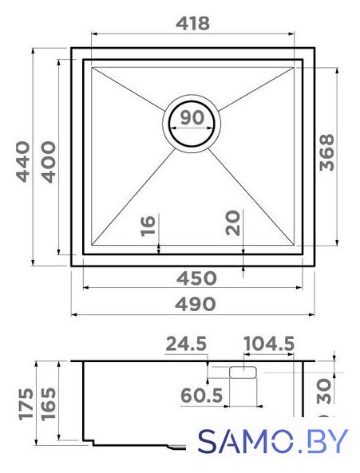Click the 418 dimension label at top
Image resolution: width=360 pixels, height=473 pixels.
point(192,23)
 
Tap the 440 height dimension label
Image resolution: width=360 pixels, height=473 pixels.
point(23,162)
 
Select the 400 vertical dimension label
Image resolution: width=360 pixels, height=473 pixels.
point(49,162)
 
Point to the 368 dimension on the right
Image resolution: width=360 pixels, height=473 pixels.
point(326,153)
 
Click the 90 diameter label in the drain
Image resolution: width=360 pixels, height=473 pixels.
point(192,117)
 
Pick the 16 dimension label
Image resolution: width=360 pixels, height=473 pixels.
point(148,225)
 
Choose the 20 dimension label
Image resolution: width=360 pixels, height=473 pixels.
point(233,223)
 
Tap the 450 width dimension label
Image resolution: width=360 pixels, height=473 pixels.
point(196,278)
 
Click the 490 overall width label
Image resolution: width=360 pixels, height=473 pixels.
point(196,304)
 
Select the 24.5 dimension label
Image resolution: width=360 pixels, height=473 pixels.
point(186,345)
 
